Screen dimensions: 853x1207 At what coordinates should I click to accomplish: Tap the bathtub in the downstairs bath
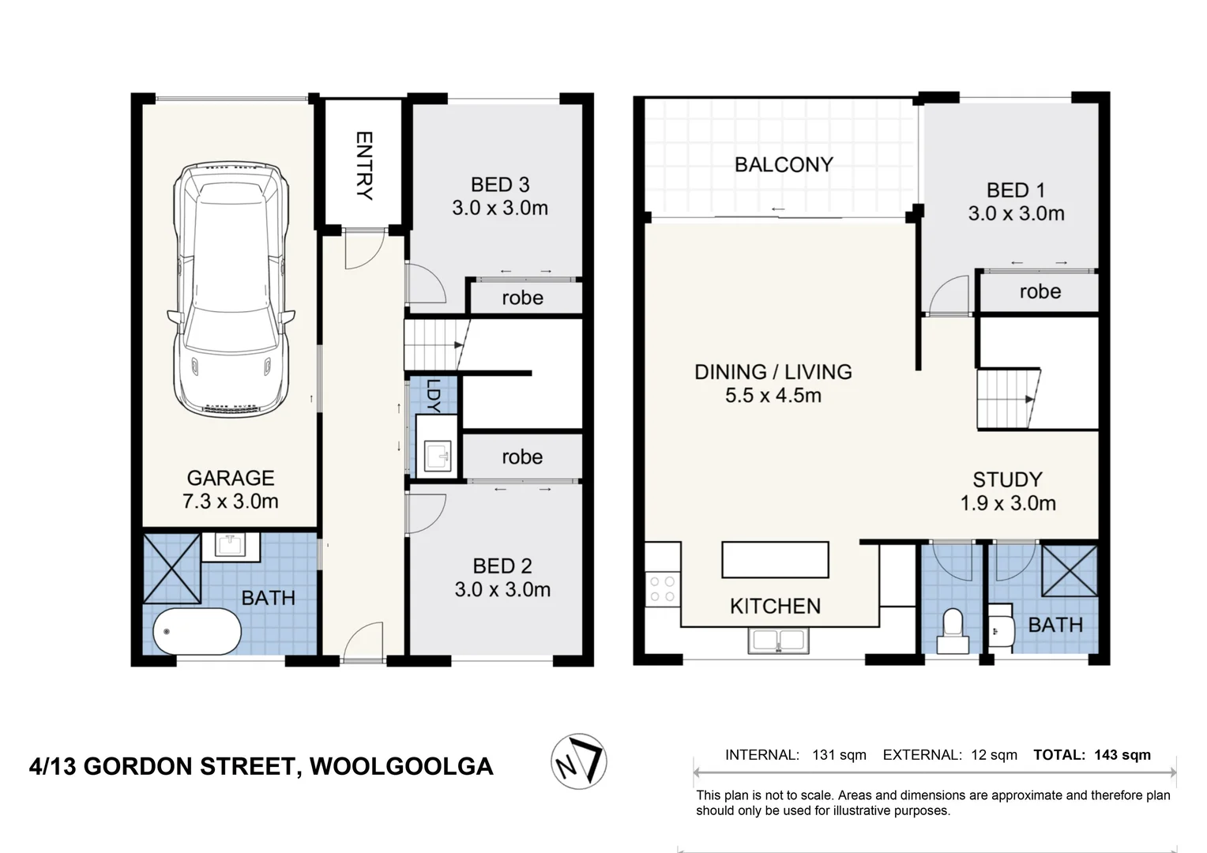tap(197, 632)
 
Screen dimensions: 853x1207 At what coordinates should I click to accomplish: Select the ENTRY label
tap(364, 165)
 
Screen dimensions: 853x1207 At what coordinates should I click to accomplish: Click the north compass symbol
tap(579, 761)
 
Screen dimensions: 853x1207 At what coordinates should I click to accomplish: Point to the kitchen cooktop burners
tap(662, 588)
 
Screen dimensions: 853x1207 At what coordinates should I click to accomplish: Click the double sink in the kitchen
tap(778, 641)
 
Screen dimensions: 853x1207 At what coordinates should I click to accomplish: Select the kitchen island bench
tap(775, 560)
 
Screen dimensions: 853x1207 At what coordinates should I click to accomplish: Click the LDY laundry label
tap(433, 396)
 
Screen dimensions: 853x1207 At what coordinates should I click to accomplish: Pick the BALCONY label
tap(783, 164)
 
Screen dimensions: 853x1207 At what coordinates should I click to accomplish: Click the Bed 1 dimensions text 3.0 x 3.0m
tap(1016, 213)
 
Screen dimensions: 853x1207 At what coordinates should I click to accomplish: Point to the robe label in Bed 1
tap(1040, 291)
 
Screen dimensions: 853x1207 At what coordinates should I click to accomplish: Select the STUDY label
tap(1007, 479)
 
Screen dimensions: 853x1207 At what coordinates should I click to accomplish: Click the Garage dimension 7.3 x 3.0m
tap(231, 502)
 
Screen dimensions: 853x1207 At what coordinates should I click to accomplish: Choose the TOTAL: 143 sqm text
tap(1092, 755)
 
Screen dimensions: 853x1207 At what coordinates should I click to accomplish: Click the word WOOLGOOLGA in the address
tap(401, 766)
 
